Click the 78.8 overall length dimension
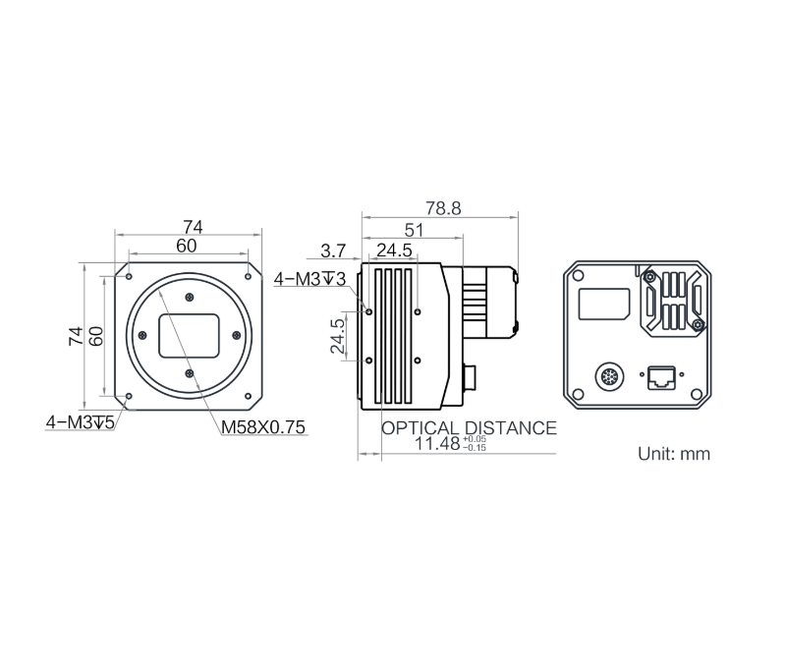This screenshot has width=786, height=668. coord(442,208)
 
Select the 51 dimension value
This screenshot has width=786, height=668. coord(415,229)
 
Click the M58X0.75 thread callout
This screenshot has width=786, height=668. coord(263,426)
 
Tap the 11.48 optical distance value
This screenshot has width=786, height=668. coord(436,444)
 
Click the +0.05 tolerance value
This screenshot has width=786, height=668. coord(475,439)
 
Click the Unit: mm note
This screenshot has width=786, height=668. coord(673,454)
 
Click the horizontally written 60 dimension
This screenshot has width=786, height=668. coord(186,246)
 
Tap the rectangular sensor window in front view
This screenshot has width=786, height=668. coord(190,335)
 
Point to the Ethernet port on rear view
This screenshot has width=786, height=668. coord(658,376)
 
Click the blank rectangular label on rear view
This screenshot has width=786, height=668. coord(603,304)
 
